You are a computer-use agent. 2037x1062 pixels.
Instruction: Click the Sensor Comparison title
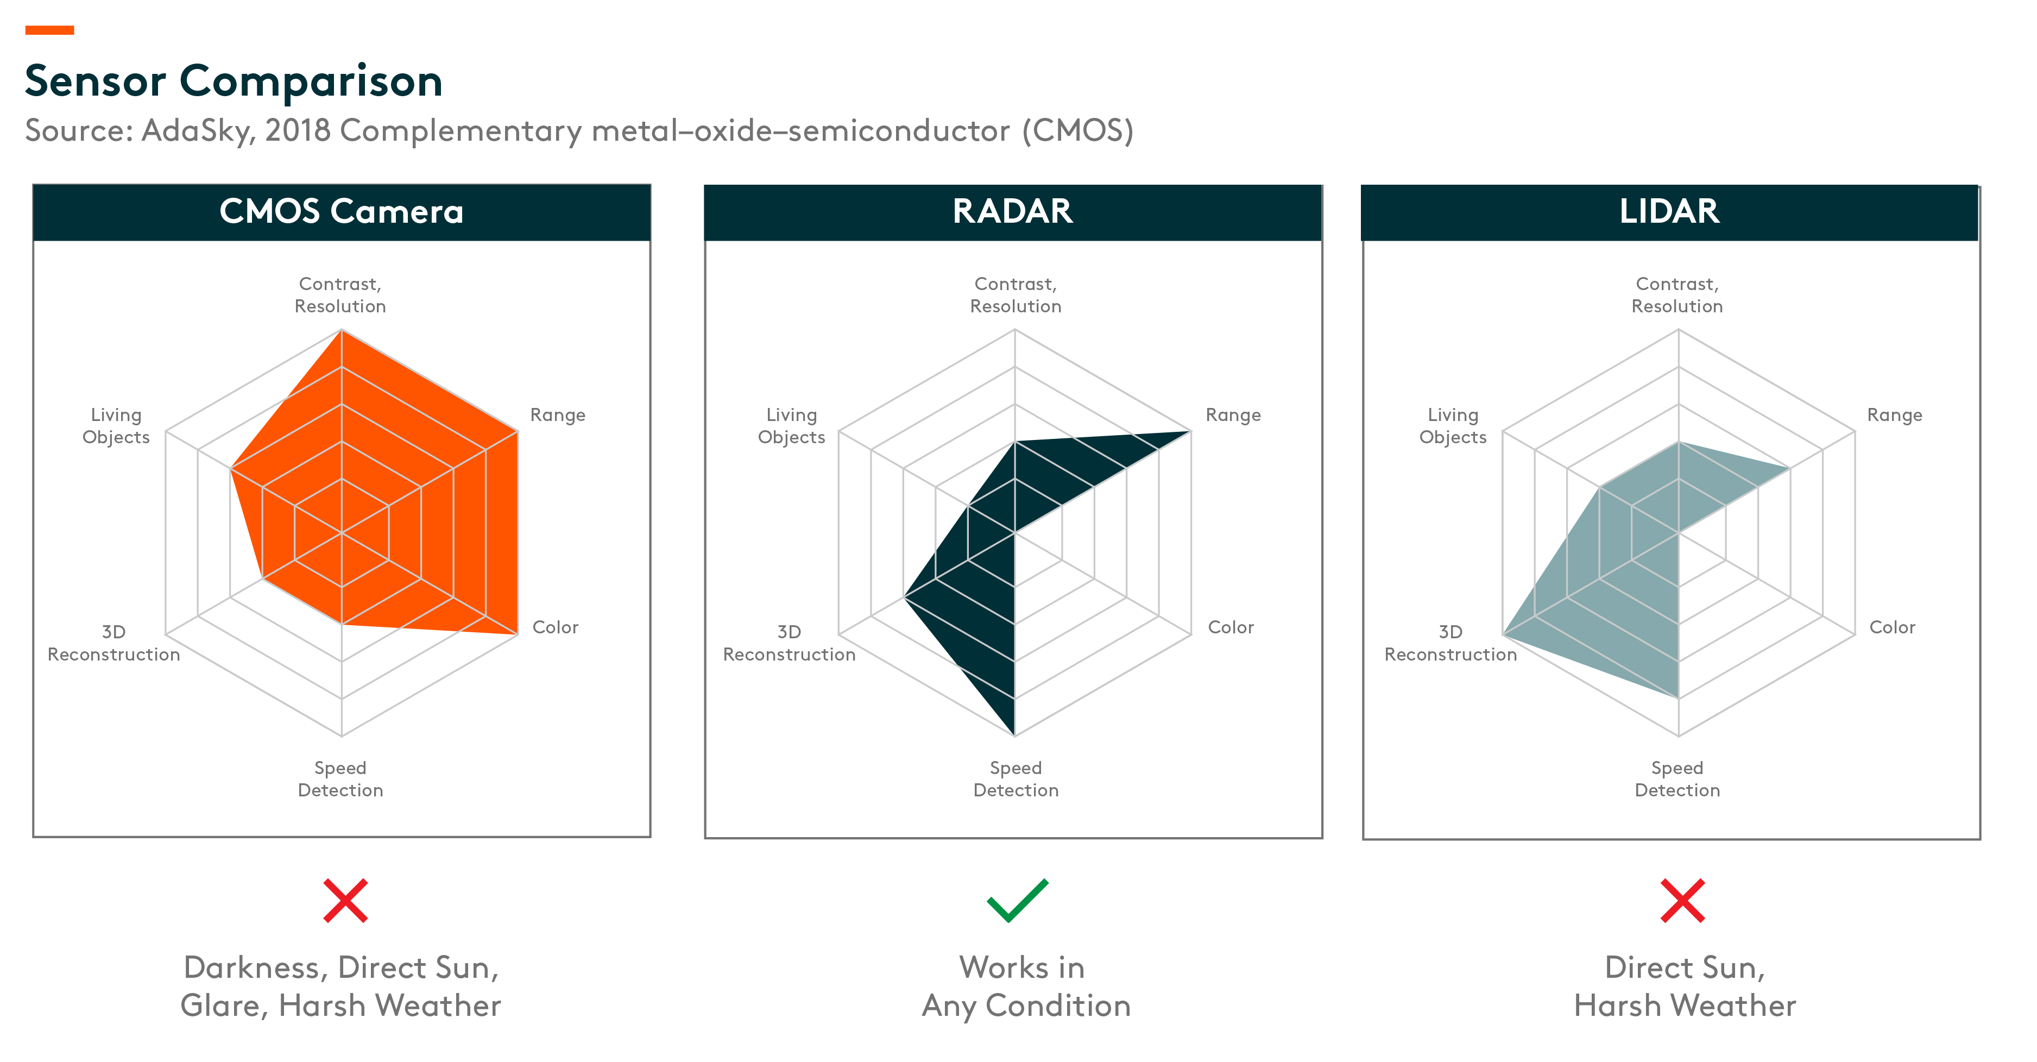click(234, 81)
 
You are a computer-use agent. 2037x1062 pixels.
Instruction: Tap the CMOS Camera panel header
click(341, 212)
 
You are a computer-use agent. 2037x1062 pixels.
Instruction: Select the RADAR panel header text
click(1012, 212)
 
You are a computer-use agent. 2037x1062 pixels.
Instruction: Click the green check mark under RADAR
click(1017, 901)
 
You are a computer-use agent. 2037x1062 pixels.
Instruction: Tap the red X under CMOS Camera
click(345, 901)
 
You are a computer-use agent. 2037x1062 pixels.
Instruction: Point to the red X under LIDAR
click(1682, 901)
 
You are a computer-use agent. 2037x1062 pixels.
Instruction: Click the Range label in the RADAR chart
click(1233, 415)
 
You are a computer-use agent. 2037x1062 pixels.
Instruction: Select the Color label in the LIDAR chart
click(1891, 627)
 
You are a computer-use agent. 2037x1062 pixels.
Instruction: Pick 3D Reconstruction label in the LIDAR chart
click(1451, 643)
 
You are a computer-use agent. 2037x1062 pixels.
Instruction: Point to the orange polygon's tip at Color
click(516, 633)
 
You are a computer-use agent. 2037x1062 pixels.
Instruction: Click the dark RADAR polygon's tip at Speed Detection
click(1014, 734)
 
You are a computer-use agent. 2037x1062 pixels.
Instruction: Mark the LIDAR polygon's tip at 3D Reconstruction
click(1504, 634)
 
